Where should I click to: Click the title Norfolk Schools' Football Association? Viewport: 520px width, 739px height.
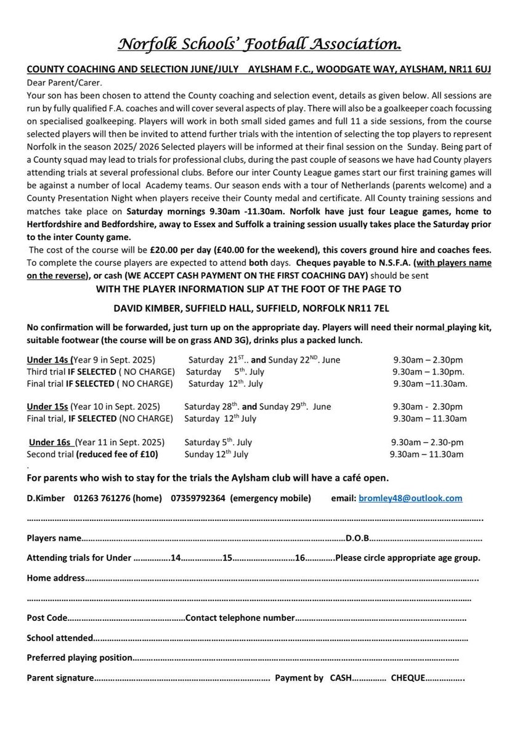[259, 45]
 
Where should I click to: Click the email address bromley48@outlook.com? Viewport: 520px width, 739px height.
[410, 498]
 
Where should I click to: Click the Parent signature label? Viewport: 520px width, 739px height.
[60, 678]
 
